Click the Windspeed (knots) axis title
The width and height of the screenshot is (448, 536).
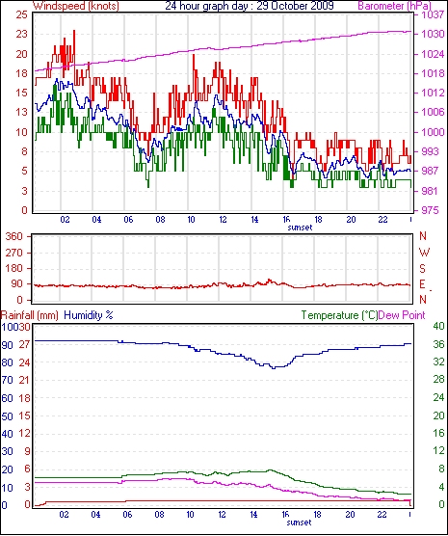[76, 6]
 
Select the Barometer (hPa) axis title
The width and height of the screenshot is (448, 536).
[395, 6]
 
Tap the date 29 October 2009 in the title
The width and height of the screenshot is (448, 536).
[295, 6]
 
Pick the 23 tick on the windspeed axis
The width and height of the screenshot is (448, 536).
[21, 34]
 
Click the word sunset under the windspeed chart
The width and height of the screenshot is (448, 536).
[300, 228]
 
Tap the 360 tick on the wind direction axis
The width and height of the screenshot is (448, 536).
[14, 236]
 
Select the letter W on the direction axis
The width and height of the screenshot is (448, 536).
[424, 253]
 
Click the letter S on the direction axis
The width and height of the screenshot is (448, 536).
[422, 269]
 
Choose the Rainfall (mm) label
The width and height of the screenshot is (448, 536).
[30, 315]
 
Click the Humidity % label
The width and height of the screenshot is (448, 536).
[89, 315]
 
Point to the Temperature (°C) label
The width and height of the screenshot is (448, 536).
[339, 315]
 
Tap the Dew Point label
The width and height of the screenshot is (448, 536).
[402, 315]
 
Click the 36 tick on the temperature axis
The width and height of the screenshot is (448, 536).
[438, 344]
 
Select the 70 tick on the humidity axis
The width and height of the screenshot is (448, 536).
[8, 380]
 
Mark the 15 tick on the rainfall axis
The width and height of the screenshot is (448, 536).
[24, 415]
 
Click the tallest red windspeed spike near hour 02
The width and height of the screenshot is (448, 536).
[74, 32]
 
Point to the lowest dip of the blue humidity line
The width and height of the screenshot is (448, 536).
[274, 368]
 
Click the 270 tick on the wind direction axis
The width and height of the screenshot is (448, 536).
[14, 253]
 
